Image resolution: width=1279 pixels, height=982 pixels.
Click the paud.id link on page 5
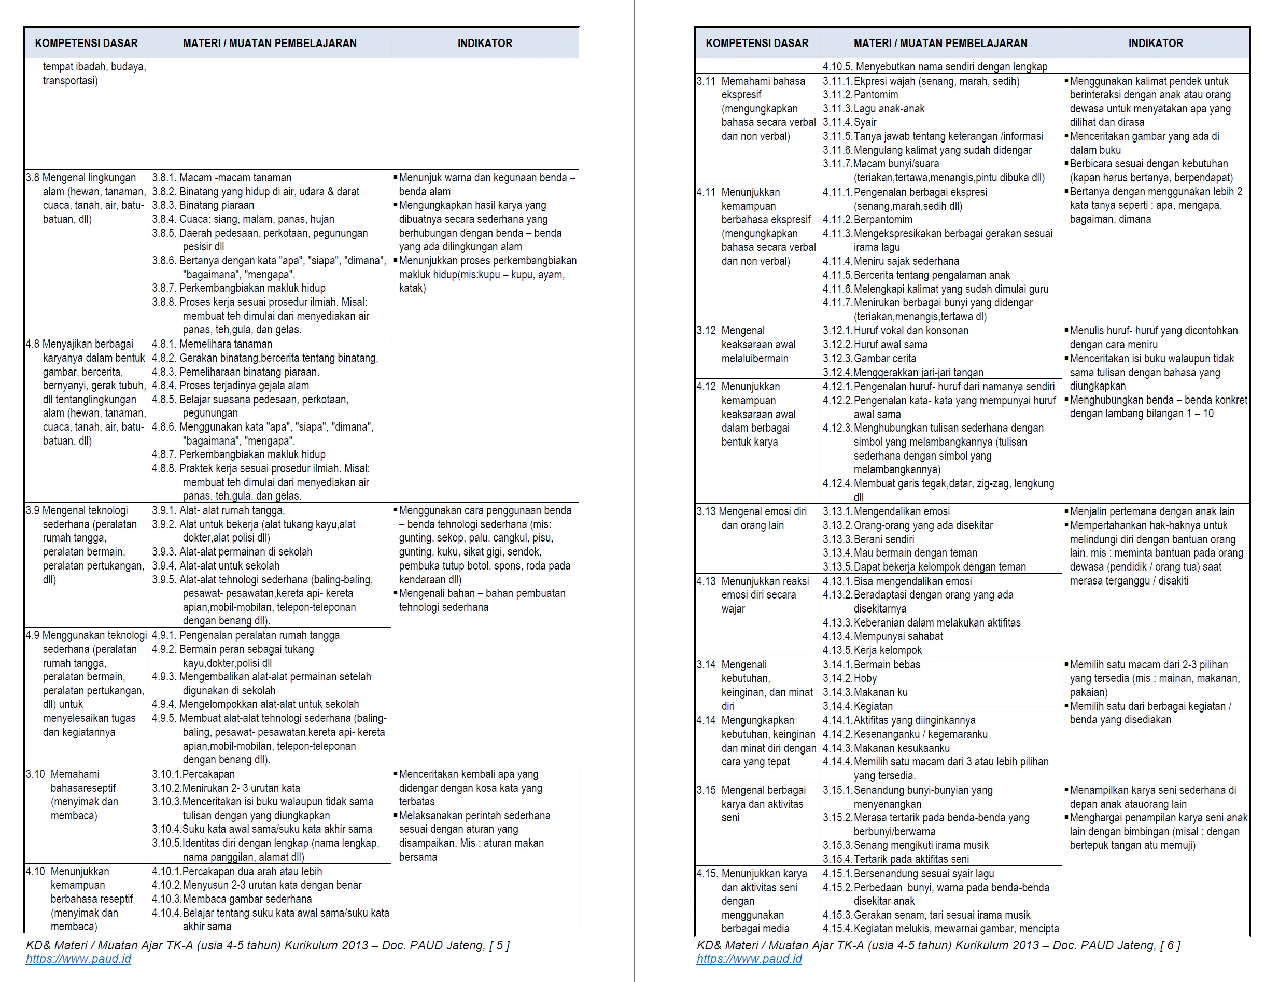78,959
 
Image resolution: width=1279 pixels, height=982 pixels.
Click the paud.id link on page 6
749,959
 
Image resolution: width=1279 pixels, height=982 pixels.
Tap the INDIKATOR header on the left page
485,43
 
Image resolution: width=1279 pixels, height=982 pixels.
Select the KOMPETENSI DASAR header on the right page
757,43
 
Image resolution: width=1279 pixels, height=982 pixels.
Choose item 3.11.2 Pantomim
860,95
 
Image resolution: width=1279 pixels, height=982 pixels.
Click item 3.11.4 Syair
850,122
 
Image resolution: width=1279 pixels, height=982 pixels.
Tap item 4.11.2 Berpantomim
867,220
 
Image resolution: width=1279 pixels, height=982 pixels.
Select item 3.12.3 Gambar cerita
869,358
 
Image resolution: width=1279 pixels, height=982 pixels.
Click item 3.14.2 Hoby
850,678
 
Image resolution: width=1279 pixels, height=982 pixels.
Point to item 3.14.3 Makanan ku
865,692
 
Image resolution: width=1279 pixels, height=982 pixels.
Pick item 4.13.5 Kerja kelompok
872,650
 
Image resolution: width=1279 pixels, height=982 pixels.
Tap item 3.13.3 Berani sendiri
868,539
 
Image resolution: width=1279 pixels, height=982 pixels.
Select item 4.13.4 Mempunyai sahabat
882,636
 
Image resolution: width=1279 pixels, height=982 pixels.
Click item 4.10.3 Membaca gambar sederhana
232,899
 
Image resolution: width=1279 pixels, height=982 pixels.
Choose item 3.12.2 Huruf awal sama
875,344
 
